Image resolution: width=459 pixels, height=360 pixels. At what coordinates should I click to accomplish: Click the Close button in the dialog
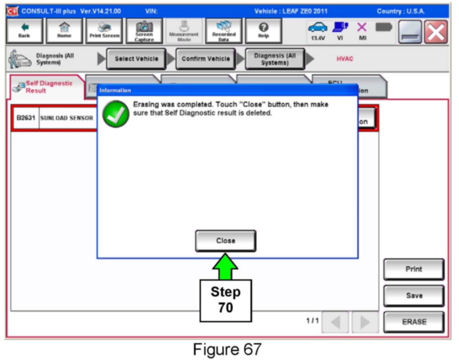click(x=225, y=241)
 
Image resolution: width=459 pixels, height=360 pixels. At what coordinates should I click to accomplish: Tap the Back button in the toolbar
click(x=24, y=31)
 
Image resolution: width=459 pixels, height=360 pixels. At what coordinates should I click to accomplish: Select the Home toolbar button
click(x=64, y=31)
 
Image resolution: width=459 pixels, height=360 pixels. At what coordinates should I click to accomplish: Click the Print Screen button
click(x=104, y=31)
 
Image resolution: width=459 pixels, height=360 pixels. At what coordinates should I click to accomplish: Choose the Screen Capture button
click(x=144, y=31)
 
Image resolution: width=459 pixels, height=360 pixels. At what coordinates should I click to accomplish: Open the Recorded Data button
click(x=224, y=31)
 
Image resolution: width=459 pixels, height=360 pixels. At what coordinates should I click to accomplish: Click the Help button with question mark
click(x=263, y=31)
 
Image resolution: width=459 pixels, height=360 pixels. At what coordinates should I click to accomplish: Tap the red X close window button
click(x=436, y=32)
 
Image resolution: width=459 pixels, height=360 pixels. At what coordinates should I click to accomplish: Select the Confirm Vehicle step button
click(x=206, y=59)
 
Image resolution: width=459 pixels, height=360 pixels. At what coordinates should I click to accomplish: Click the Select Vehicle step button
click(x=136, y=59)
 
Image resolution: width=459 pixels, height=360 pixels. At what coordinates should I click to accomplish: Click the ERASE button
click(x=414, y=322)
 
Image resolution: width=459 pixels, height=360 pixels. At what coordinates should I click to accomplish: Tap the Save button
click(x=414, y=296)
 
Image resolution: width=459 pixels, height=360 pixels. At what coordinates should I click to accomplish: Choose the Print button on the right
click(x=414, y=269)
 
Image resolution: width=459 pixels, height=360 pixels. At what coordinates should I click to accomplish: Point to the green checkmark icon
click(x=116, y=114)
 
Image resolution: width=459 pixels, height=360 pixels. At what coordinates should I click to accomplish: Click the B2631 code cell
click(x=26, y=118)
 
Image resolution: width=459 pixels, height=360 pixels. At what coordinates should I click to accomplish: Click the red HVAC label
click(x=345, y=59)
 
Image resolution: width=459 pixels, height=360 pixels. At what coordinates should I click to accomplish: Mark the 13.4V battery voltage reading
click(x=318, y=38)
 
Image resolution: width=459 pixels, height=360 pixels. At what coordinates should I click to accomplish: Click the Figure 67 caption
click(x=227, y=349)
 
